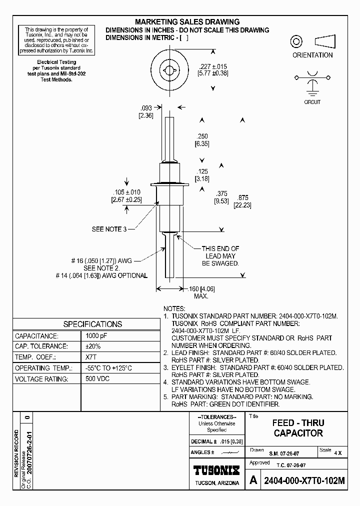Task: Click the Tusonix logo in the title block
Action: (x=216, y=470)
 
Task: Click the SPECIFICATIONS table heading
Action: (x=92, y=324)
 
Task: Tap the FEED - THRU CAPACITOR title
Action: (x=298, y=428)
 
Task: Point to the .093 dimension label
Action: (x=145, y=108)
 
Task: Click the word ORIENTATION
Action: (x=312, y=55)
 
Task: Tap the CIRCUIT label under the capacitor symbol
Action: (x=312, y=102)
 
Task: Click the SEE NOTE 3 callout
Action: (x=107, y=229)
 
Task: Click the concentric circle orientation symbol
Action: (x=297, y=41)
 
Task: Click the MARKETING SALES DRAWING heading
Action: (x=187, y=22)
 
